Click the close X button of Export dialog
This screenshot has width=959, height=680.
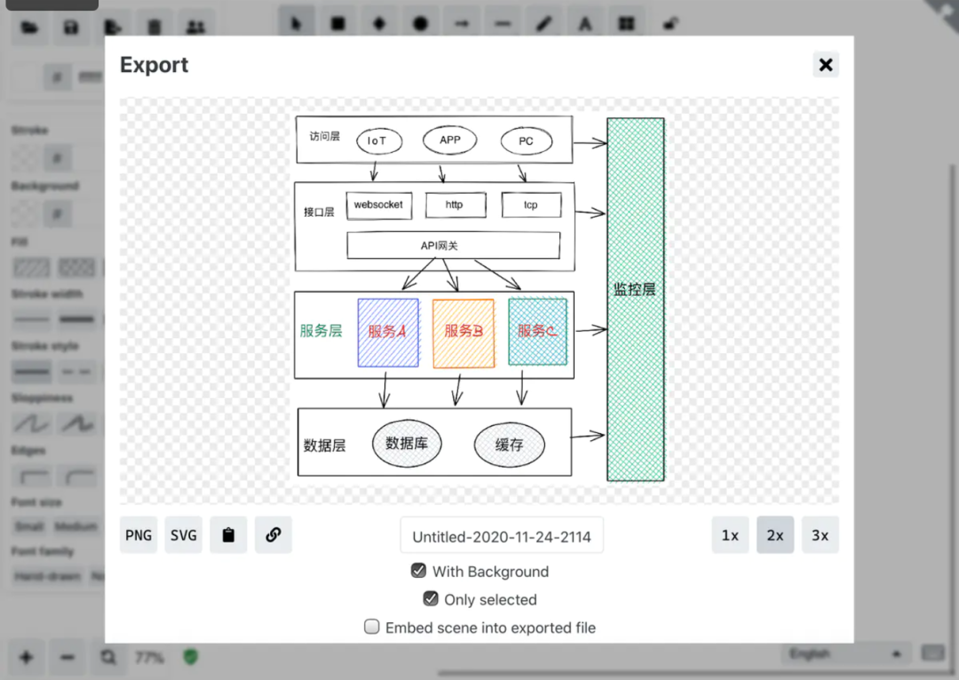click(x=826, y=65)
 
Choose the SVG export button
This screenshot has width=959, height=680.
click(x=184, y=535)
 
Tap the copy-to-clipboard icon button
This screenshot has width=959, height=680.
click(x=228, y=535)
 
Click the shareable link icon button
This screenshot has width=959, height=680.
click(x=273, y=535)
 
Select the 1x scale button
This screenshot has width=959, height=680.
click(x=730, y=535)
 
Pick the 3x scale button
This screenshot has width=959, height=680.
click(x=820, y=535)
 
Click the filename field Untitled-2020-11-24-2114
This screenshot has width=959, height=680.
click(x=502, y=536)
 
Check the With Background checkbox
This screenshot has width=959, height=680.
click(x=418, y=571)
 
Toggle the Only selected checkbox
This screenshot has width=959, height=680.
click(x=431, y=599)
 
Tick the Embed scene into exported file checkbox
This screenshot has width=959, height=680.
click(x=372, y=627)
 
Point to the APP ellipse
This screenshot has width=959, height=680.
click(x=450, y=140)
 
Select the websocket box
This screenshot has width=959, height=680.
click(x=378, y=205)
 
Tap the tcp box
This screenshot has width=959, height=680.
click(x=531, y=205)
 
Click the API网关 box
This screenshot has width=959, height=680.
click(x=453, y=245)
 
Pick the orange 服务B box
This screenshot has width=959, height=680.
click(x=464, y=333)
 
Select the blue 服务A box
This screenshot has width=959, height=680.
click(x=388, y=333)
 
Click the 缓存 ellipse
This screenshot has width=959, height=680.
click(x=510, y=445)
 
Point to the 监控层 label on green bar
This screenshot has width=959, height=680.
click(x=635, y=289)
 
